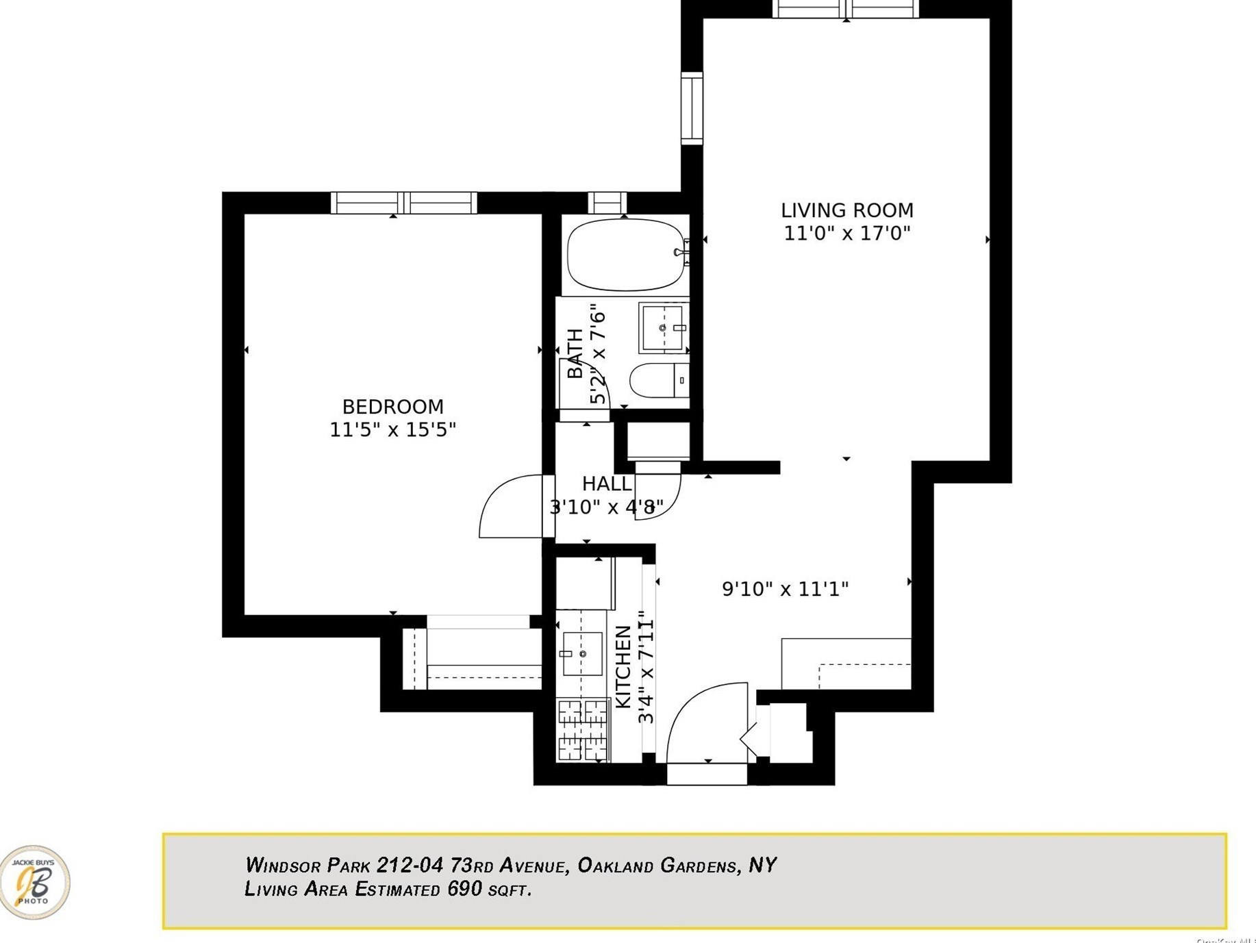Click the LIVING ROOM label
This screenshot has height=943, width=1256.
[846, 210]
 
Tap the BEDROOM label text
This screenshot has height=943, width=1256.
[392, 407]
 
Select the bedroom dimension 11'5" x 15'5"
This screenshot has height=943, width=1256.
[392, 430]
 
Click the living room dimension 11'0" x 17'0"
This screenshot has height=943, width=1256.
[846, 234]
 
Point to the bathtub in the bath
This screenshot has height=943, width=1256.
[625, 255]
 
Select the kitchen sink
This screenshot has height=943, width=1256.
[582, 654]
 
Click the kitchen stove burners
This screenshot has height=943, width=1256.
[582, 730]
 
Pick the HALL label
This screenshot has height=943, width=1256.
[606, 484]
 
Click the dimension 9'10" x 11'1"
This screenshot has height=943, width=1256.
[785, 589]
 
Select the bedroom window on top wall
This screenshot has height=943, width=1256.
[403, 203]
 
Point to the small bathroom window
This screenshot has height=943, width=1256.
[607, 203]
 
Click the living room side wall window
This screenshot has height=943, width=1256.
[692, 108]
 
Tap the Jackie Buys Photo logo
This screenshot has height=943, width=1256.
[34, 882]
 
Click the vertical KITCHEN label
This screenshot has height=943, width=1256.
[623, 668]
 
